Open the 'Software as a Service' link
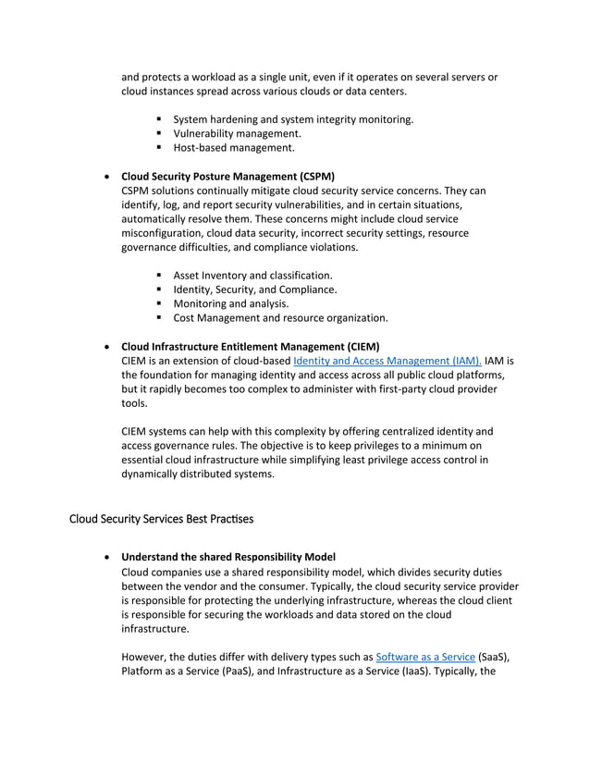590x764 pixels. point(421,657)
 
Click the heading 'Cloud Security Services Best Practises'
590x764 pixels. point(161,519)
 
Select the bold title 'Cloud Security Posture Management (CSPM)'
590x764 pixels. point(227,177)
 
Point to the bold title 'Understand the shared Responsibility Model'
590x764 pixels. point(228,558)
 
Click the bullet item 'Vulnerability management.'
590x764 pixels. point(237,133)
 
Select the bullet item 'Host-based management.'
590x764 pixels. point(234,147)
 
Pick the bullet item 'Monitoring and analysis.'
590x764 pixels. point(231,303)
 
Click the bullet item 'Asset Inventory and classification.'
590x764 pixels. point(252,276)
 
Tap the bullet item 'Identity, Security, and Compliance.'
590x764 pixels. point(254,290)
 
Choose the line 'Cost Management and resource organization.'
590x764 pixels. point(280,317)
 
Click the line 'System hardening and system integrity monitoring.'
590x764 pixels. point(293,119)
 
